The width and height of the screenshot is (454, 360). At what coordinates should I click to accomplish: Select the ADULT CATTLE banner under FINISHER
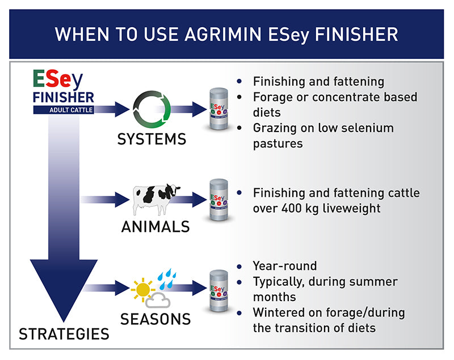63,110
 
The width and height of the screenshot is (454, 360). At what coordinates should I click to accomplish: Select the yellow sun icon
142,290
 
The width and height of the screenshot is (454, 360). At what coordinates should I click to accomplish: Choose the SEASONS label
155,319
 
